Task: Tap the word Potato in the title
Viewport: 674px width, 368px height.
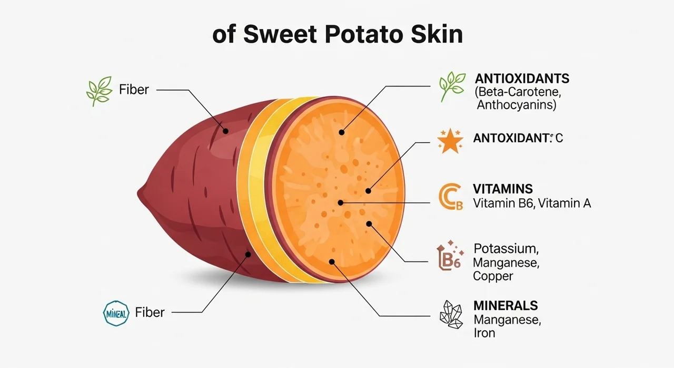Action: click(x=364, y=35)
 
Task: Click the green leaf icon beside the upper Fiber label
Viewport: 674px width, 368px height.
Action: click(x=99, y=91)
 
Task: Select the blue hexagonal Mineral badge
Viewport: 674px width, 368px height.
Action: click(x=116, y=313)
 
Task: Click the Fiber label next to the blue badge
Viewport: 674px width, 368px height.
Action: click(x=150, y=312)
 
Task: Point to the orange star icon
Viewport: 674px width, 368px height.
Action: click(x=450, y=141)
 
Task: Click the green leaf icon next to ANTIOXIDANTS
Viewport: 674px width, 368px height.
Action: click(x=452, y=86)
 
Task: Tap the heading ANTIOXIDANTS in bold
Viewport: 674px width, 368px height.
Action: click(x=522, y=79)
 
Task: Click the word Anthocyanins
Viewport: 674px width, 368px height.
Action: click(x=517, y=105)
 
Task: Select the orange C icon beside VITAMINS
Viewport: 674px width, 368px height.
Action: click(x=450, y=196)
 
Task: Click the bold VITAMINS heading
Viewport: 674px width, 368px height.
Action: click(x=503, y=189)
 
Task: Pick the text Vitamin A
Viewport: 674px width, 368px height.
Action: click(x=564, y=204)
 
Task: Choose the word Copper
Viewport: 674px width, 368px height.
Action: click(x=493, y=276)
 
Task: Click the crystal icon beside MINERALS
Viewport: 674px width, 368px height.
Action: click(x=451, y=314)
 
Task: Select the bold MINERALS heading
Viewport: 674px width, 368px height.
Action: click(x=506, y=306)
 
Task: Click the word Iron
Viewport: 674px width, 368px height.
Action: click(x=484, y=333)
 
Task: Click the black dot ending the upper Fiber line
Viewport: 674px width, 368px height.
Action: click(x=225, y=131)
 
